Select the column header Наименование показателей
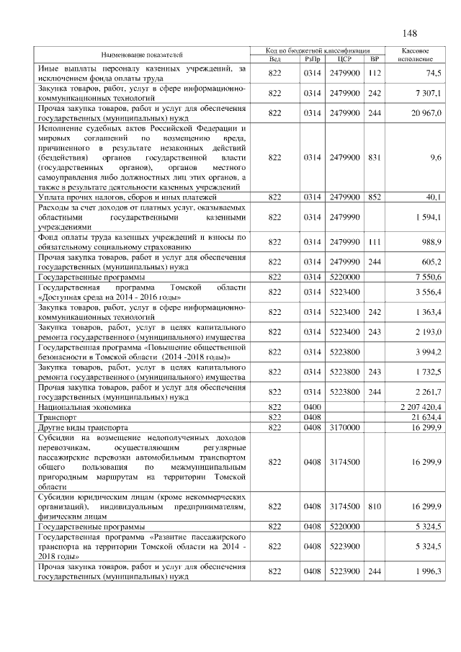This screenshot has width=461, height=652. [x=142, y=55]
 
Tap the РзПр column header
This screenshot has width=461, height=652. [x=312, y=59]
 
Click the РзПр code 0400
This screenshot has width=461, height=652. [x=312, y=407]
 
